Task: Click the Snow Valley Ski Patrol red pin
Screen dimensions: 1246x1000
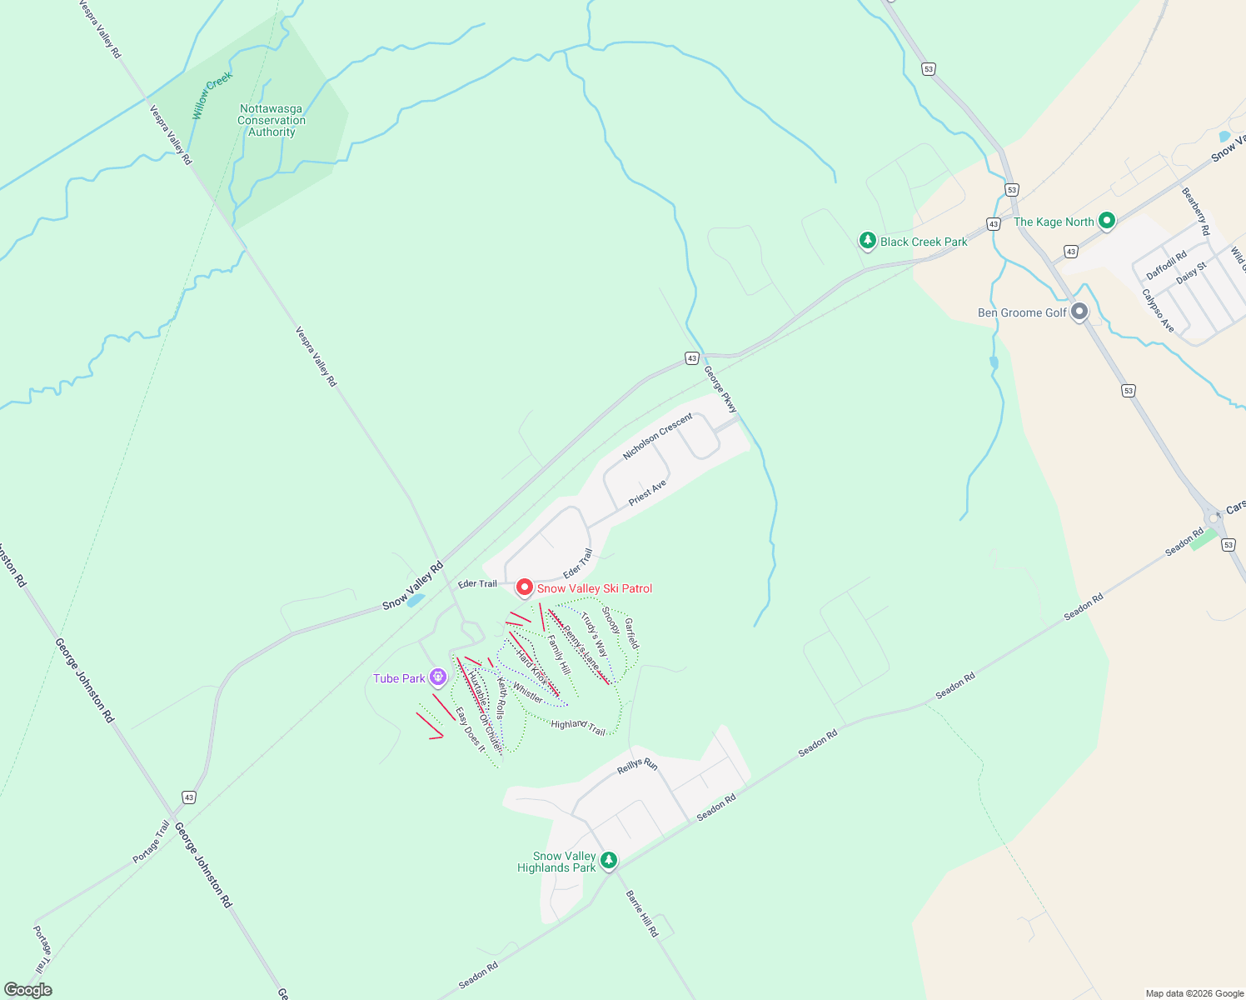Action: tap(525, 588)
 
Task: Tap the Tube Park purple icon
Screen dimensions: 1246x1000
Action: tap(439, 678)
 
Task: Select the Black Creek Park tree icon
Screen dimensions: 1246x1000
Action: tap(868, 241)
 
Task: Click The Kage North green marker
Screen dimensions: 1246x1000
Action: tap(1107, 221)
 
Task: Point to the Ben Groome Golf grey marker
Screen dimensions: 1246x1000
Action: tap(1079, 312)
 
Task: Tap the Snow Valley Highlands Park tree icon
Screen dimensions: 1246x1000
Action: tap(609, 860)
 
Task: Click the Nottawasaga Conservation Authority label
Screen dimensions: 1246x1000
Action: tap(272, 121)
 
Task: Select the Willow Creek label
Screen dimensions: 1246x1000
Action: tap(212, 95)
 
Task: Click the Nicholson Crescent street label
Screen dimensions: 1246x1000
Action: tap(657, 437)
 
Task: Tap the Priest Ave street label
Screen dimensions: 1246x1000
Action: tap(647, 492)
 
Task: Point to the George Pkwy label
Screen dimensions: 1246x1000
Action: tap(720, 390)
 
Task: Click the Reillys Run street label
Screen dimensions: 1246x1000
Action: tap(637, 766)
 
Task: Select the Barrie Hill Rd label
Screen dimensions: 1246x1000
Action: tap(641, 913)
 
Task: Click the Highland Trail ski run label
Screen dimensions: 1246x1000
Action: tap(578, 727)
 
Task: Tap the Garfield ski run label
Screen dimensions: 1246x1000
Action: tap(632, 633)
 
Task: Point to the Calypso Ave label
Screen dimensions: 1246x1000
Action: tap(1158, 311)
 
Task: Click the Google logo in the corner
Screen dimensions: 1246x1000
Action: tap(28, 990)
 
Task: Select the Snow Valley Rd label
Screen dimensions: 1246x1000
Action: tap(413, 586)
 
